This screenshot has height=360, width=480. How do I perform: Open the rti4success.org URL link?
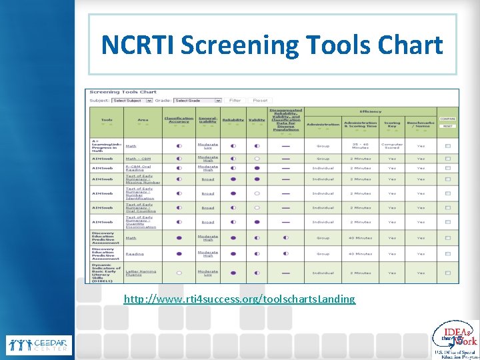pos(239,299)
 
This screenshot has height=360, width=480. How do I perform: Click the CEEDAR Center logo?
pos(37,345)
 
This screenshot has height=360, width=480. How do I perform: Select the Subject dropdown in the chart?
pos(127,101)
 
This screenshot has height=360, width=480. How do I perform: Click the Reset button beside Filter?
pos(260,101)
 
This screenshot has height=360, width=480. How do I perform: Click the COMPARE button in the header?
pos(447,119)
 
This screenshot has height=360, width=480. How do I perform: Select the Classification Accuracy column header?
pos(179,121)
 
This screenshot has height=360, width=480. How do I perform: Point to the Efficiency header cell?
pos(371,111)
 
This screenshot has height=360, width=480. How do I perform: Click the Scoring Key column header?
pos(392,123)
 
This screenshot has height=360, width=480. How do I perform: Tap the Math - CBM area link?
pos(139,159)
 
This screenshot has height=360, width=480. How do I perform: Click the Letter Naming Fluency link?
pos(141,273)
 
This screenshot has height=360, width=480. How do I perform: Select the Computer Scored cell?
pos(392,145)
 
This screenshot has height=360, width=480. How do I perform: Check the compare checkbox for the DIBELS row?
pos(447,273)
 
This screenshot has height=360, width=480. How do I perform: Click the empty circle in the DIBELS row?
pos(179,273)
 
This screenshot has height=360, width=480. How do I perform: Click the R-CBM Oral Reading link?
pos(138,168)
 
